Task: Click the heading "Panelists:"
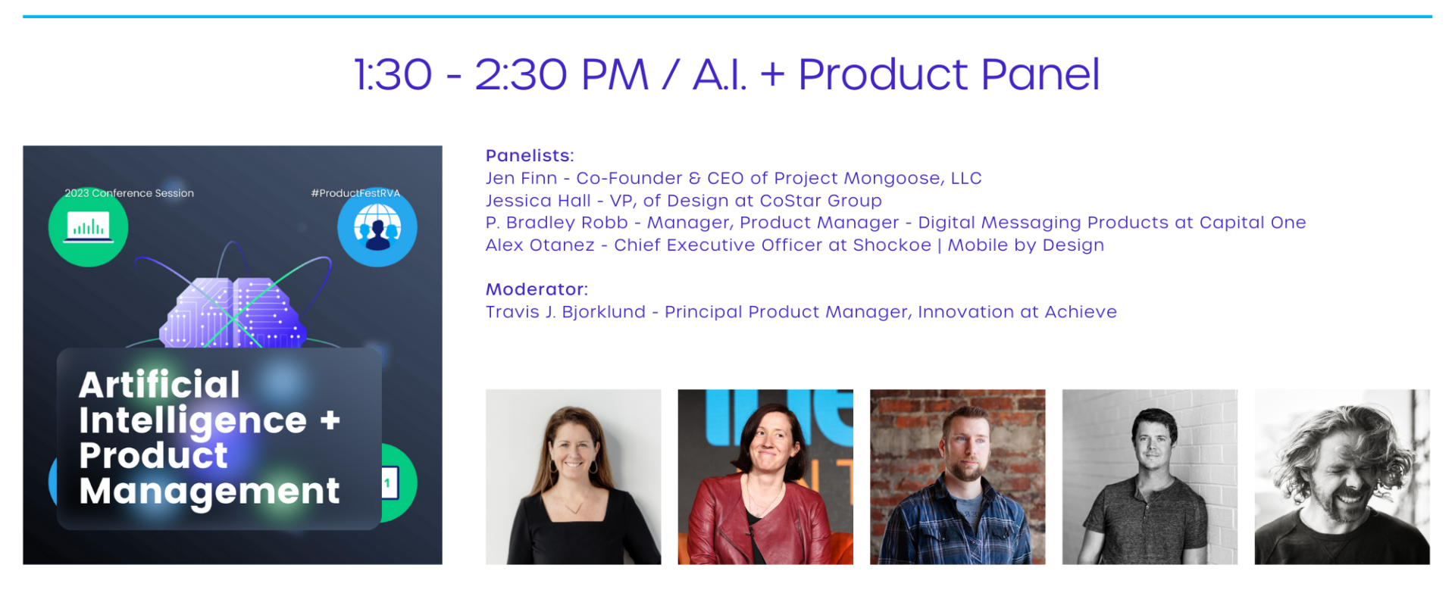(x=530, y=155)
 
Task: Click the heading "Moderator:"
(x=537, y=289)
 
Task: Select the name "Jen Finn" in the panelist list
(x=521, y=178)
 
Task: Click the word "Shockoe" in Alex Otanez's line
(x=892, y=245)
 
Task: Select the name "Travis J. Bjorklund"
(x=565, y=312)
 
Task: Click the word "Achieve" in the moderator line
(x=1081, y=312)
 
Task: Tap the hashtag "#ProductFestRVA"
(x=355, y=193)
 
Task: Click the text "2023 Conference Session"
(x=129, y=193)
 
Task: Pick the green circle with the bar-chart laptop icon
(x=88, y=227)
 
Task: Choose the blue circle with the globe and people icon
(x=377, y=227)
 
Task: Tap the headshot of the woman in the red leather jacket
(x=765, y=477)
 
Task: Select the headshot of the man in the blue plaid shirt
(x=958, y=477)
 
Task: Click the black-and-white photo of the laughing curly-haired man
(x=1342, y=477)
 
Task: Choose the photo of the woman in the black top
(x=574, y=477)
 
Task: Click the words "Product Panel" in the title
(x=949, y=74)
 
